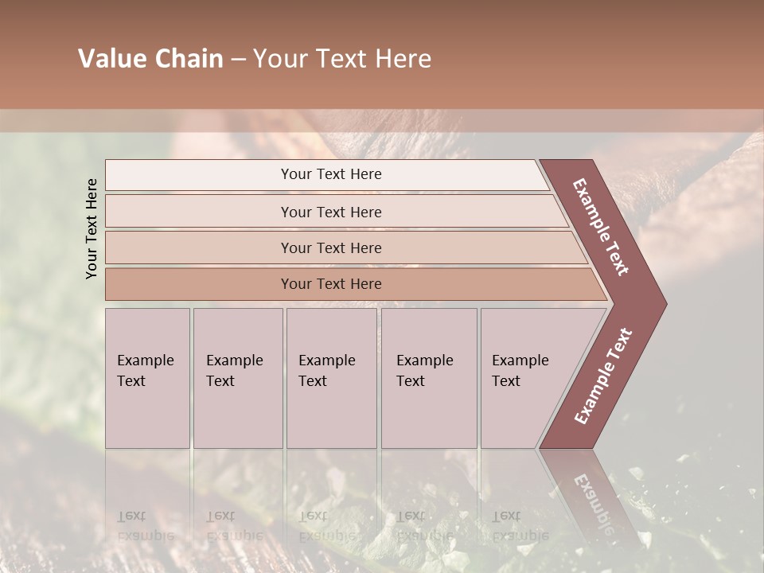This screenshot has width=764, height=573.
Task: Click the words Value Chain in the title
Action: tap(150, 59)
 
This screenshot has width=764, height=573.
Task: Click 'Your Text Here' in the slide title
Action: tap(342, 59)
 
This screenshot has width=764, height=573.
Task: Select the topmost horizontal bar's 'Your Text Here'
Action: tap(331, 174)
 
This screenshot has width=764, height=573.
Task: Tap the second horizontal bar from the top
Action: tap(331, 212)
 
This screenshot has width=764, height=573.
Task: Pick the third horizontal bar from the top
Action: tap(331, 248)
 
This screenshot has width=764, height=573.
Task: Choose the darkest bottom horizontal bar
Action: tap(331, 284)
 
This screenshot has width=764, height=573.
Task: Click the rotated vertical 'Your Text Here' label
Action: tap(92, 228)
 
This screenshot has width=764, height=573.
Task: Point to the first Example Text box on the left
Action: tap(147, 377)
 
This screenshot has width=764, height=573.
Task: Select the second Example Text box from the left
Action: tap(237, 377)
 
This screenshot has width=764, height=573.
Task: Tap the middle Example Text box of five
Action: tap(331, 377)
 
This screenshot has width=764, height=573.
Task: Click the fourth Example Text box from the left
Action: tap(428, 377)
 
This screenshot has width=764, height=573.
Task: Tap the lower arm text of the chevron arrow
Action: tap(603, 376)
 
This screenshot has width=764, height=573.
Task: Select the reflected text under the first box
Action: tap(145, 525)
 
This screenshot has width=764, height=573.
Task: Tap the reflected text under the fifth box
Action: tap(520, 525)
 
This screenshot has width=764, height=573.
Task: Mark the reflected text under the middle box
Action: tap(326, 525)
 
